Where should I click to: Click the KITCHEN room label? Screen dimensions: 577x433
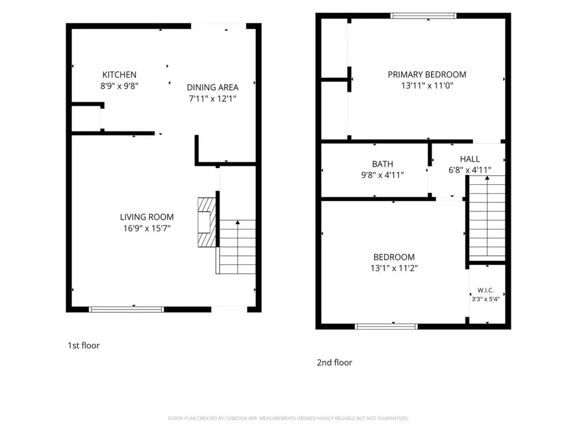[x=119, y=75]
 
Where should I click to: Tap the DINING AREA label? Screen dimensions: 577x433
[x=212, y=87]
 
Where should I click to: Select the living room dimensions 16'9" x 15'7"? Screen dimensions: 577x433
[x=147, y=228]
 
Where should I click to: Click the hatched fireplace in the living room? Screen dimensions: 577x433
[x=207, y=222]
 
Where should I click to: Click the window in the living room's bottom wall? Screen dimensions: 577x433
[x=126, y=310]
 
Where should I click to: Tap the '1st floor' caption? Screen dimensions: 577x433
[x=83, y=346]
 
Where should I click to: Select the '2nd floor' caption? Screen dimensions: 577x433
[x=335, y=363]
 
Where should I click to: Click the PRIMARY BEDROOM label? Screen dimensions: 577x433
[x=427, y=75]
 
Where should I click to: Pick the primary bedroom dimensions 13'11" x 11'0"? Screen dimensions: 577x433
[x=427, y=86]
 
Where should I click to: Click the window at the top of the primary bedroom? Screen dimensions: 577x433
[x=423, y=15]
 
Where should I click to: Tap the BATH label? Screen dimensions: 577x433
[x=383, y=164]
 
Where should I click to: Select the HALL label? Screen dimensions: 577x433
[x=470, y=159]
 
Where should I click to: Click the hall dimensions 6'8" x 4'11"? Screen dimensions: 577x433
[x=470, y=170]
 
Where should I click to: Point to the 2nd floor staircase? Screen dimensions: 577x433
[x=487, y=218]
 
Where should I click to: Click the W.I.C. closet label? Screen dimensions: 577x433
[x=485, y=290]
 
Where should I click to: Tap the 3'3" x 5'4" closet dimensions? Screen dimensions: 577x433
[x=485, y=299]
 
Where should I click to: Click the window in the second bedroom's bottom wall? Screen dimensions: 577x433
[x=387, y=326]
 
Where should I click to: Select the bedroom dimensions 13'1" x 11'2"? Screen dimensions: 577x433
[x=394, y=268]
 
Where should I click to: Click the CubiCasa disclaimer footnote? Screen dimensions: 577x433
[x=288, y=418]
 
